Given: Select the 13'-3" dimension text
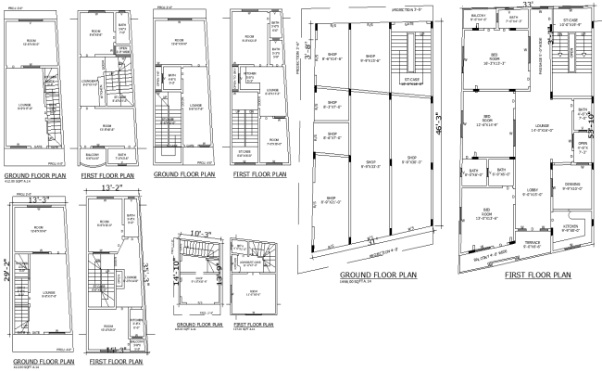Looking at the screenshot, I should pos(39,198).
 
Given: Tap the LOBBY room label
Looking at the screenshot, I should pos(532,193).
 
